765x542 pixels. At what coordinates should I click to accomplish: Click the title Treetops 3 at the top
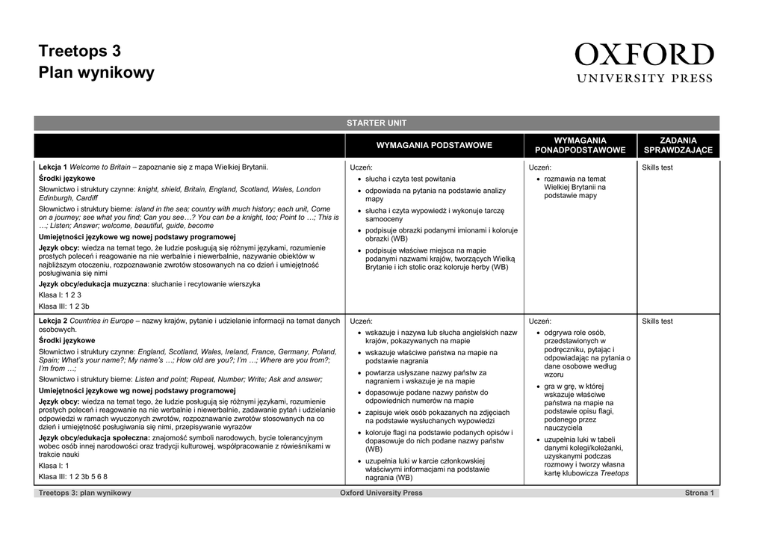pyautogui.click(x=79, y=52)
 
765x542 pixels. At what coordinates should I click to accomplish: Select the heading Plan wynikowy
pyautogui.click(x=96, y=73)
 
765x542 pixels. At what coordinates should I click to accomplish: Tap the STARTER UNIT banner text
pyautogui.click(x=377, y=123)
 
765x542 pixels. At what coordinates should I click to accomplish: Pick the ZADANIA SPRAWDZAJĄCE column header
pyautogui.click(x=678, y=145)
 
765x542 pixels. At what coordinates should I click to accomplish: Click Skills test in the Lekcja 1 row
pyautogui.click(x=657, y=167)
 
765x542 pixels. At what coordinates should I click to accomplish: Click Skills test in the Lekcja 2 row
pyautogui.click(x=657, y=321)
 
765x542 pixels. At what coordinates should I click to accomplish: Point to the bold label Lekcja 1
pyautogui.click(x=53, y=167)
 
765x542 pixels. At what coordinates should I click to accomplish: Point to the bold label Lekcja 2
pyautogui.click(x=53, y=321)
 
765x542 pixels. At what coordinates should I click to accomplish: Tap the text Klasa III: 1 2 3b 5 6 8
pyautogui.click(x=73, y=476)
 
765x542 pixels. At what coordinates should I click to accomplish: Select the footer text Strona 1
pyautogui.click(x=699, y=493)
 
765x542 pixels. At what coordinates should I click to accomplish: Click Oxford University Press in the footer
pyautogui.click(x=381, y=493)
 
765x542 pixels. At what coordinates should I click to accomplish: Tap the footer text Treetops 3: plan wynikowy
pyautogui.click(x=84, y=493)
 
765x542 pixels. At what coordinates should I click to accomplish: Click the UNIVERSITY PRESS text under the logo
pyautogui.click(x=644, y=77)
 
